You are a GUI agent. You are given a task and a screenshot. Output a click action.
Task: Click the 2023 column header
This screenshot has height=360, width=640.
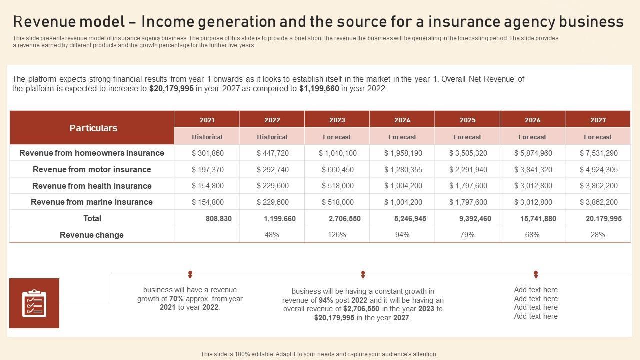click(337, 120)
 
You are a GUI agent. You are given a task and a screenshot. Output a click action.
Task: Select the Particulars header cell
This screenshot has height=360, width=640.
click(93, 128)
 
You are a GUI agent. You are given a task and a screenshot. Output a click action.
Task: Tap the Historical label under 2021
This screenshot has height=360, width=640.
click(207, 137)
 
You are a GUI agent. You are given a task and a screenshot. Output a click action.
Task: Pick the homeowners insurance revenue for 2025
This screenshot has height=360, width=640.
click(468, 153)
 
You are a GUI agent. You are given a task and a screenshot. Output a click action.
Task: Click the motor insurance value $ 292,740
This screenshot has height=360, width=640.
click(272, 170)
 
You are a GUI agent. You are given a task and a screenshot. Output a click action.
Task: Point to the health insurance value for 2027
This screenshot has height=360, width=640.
click(598, 186)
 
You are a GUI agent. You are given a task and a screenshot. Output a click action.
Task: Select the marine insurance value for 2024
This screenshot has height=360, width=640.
click(402, 202)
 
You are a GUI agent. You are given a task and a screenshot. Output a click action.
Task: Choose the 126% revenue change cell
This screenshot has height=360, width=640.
click(337, 235)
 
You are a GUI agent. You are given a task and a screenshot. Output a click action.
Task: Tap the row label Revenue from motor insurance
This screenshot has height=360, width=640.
click(92, 170)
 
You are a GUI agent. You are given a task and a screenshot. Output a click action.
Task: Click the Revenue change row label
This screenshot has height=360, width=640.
click(92, 235)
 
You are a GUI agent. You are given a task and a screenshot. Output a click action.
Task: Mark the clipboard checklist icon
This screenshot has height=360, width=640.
click(34, 303)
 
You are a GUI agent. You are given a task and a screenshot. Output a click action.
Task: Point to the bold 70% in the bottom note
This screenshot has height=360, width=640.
click(176, 299)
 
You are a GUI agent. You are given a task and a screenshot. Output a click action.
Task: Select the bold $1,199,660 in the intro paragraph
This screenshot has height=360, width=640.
click(319, 89)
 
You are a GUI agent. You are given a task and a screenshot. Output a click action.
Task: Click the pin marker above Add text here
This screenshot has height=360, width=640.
click(536, 274)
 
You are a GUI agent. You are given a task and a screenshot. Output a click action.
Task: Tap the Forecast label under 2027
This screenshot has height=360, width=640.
click(597, 137)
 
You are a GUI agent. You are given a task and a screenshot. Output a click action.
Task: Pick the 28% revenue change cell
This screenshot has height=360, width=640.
click(597, 235)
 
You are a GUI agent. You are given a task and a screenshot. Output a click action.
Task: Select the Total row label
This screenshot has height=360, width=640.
click(92, 218)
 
